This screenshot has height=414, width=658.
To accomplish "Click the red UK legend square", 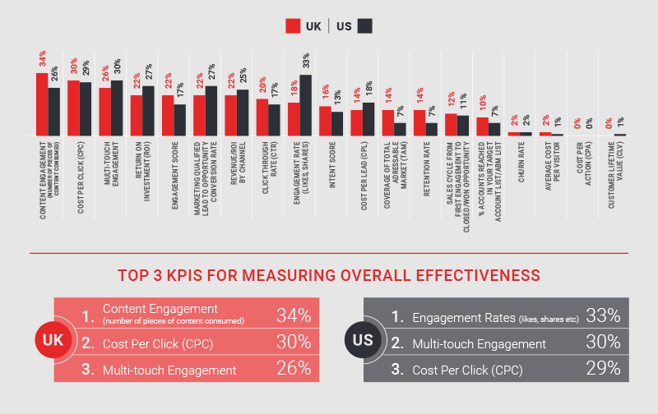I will click(293, 26).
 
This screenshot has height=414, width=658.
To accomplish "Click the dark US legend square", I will click(365, 26).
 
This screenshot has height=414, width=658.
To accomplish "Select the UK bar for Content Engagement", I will click(41, 104).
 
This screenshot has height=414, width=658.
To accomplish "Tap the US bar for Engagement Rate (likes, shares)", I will click(305, 105).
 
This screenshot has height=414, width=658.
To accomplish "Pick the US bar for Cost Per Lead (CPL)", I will click(368, 119).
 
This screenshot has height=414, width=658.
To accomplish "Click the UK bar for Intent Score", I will click(325, 121).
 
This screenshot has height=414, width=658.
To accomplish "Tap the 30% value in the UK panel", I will click(293, 343).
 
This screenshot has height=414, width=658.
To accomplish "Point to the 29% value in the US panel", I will click(603, 369).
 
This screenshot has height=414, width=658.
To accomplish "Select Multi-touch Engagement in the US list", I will click(480, 343).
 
